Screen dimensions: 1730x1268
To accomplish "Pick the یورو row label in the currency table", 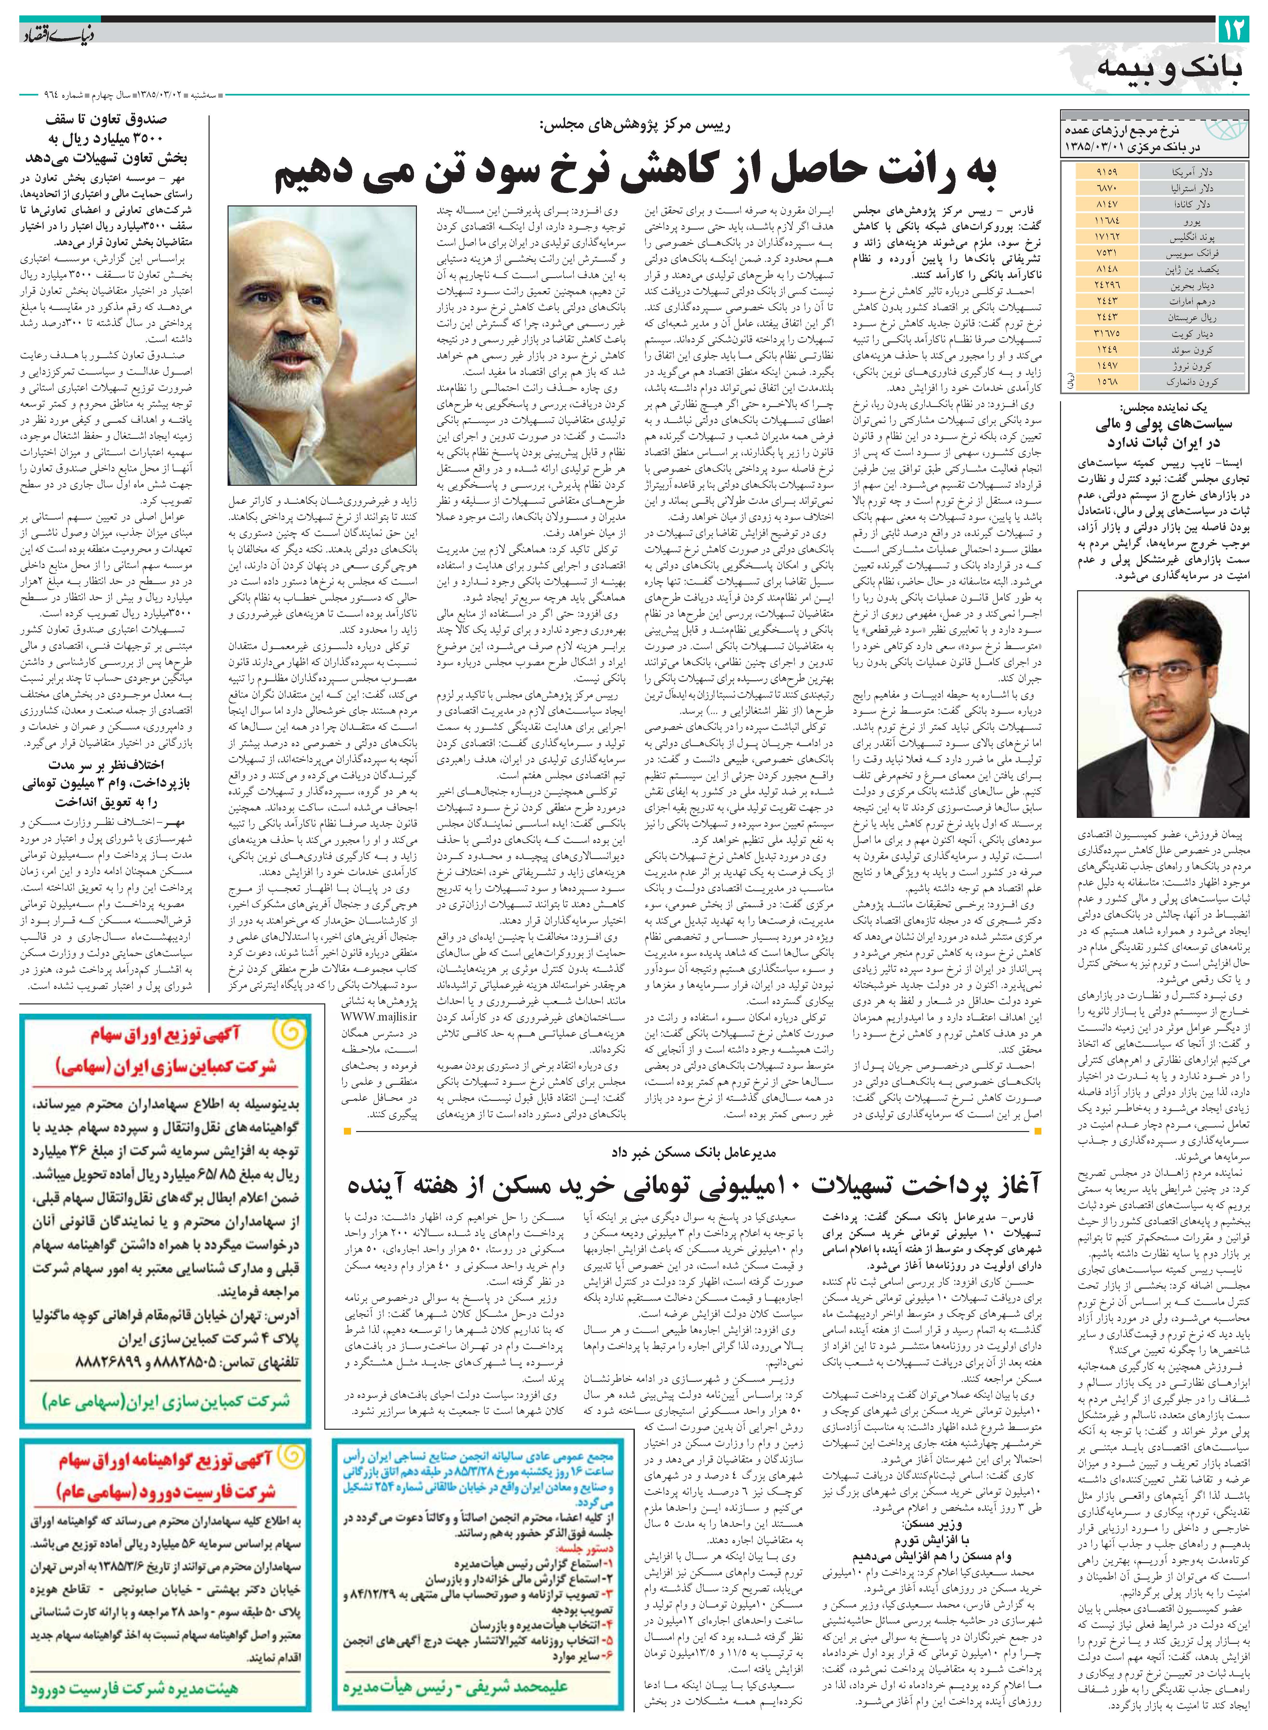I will [x=1192, y=221].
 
